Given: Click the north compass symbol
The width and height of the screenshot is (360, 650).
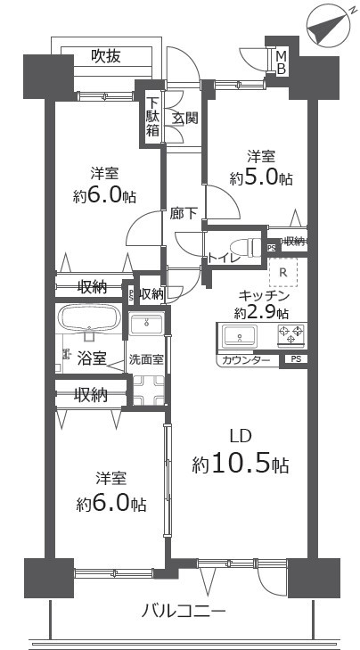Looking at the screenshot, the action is click(x=326, y=25).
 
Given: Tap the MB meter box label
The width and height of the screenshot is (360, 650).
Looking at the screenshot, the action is click(x=282, y=62).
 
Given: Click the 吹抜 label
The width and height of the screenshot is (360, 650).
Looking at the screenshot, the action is click(x=106, y=55).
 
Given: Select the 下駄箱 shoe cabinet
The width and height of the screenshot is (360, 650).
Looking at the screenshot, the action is click(x=152, y=118).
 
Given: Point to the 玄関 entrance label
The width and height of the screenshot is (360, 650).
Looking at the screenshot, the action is click(x=184, y=119).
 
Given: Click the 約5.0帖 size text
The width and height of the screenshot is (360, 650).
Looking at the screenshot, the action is click(x=261, y=178).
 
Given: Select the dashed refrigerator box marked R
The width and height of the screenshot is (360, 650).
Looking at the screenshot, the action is click(x=283, y=272).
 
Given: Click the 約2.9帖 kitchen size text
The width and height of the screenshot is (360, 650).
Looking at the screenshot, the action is click(x=261, y=313).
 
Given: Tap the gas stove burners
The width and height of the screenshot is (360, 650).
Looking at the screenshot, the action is click(x=291, y=335).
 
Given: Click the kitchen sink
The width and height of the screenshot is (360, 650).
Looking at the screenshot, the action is click(x=240, y=335).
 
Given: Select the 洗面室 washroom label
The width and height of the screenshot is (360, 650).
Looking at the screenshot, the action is click(x=146, y=359).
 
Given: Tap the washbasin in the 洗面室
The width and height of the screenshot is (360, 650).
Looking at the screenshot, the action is click(x=146, y=324).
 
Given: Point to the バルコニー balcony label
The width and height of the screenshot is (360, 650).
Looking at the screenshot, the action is click(x=184, y=610).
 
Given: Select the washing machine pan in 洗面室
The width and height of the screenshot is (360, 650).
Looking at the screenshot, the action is click(x=148, y=390).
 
